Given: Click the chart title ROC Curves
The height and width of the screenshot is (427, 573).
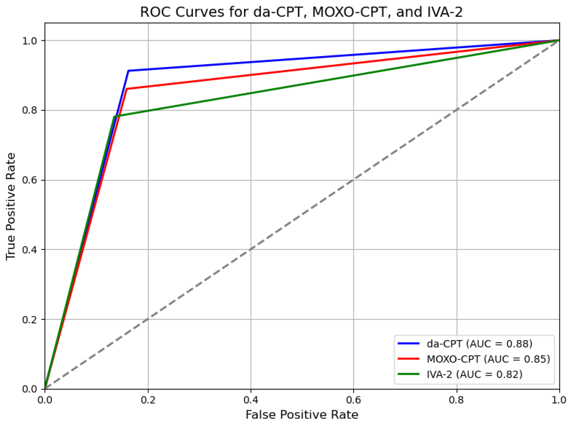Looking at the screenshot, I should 301,12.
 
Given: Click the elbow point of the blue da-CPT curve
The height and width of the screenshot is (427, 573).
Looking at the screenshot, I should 129,70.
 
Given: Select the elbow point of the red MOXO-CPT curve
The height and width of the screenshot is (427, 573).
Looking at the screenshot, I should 127,89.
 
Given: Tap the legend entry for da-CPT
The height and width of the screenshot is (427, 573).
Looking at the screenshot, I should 479,344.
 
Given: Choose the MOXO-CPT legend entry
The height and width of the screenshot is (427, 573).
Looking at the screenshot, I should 488,359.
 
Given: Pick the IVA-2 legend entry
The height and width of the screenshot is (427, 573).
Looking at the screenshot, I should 474,374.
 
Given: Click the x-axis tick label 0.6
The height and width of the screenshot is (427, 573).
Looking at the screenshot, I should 353,400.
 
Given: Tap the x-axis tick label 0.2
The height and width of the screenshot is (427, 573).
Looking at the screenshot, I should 148,400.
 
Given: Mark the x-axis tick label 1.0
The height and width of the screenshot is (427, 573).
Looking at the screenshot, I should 559,400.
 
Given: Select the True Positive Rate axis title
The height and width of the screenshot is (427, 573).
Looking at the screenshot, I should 11,206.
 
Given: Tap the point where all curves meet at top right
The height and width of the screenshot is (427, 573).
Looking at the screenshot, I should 559,40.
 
